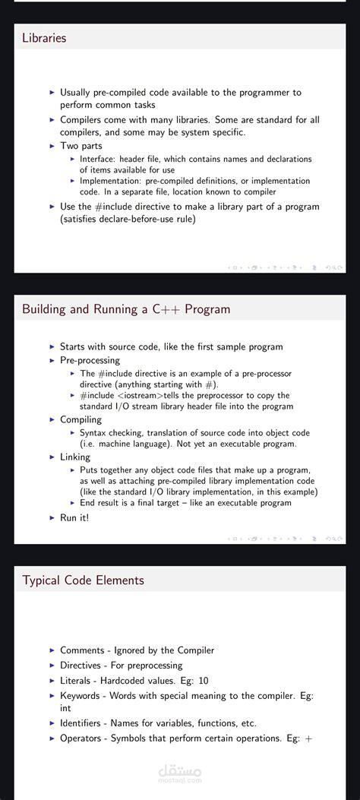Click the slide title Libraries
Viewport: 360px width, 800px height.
click(44, 38)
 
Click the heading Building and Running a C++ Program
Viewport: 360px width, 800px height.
click(126, 309)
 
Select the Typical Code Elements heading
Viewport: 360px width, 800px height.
click(83, 580)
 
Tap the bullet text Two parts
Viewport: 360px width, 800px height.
click(81, 146)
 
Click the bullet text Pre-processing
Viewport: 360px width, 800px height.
click(90, 360)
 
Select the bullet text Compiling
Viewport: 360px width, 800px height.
click(81, 419)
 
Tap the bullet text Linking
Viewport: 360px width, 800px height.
click(75, 457)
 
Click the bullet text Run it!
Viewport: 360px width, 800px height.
click(74, 517)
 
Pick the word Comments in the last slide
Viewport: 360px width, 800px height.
click(82, 650)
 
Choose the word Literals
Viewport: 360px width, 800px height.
click(77, 680)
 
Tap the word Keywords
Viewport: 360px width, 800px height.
click(80, 695)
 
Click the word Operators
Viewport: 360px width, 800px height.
click(82, 738)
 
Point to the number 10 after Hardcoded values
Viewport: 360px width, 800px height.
click(203, 680)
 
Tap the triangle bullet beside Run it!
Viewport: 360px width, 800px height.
click(52, 517)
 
